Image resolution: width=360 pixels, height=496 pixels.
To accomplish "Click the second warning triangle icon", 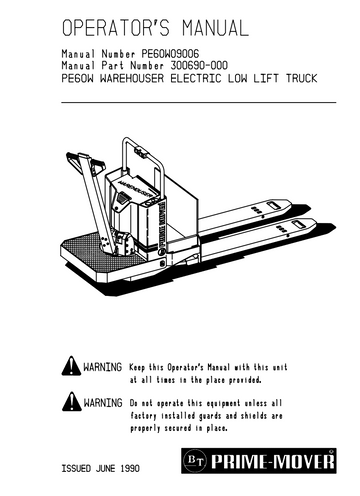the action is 71,401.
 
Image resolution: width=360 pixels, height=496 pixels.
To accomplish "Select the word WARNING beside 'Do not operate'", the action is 103,401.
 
